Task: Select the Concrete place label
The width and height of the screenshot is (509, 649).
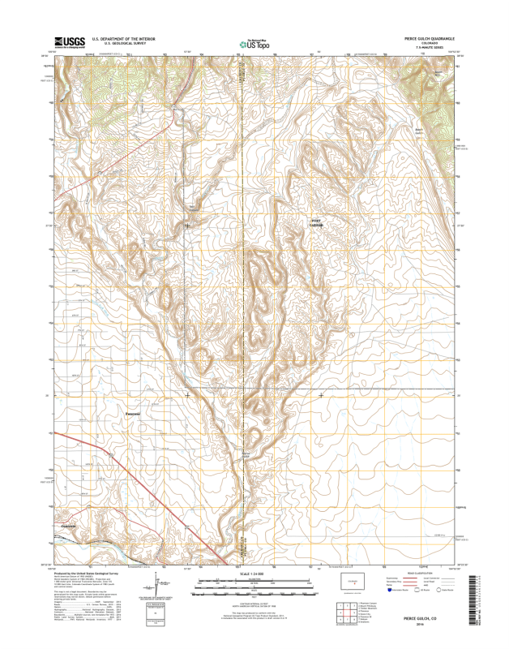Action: click(x=70, y=526)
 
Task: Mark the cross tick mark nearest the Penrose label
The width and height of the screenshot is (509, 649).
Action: click(x=187, y=395)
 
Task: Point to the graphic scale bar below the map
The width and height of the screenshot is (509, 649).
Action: click(x=254, y=581)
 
